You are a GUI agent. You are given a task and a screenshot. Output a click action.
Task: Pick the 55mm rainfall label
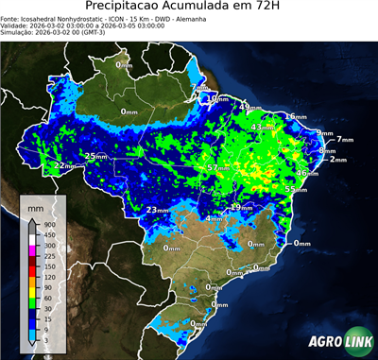coord(295,189)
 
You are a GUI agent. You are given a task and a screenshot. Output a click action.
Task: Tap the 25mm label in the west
coord(95,156)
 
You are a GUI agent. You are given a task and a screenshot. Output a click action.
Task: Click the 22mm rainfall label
coord(63,165)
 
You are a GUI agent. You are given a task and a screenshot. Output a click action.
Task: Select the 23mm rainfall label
coord(157,209)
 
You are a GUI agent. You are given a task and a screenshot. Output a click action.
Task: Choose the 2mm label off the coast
coord(338,159)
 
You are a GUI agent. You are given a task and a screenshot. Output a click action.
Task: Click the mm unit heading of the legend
coord(35,205)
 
